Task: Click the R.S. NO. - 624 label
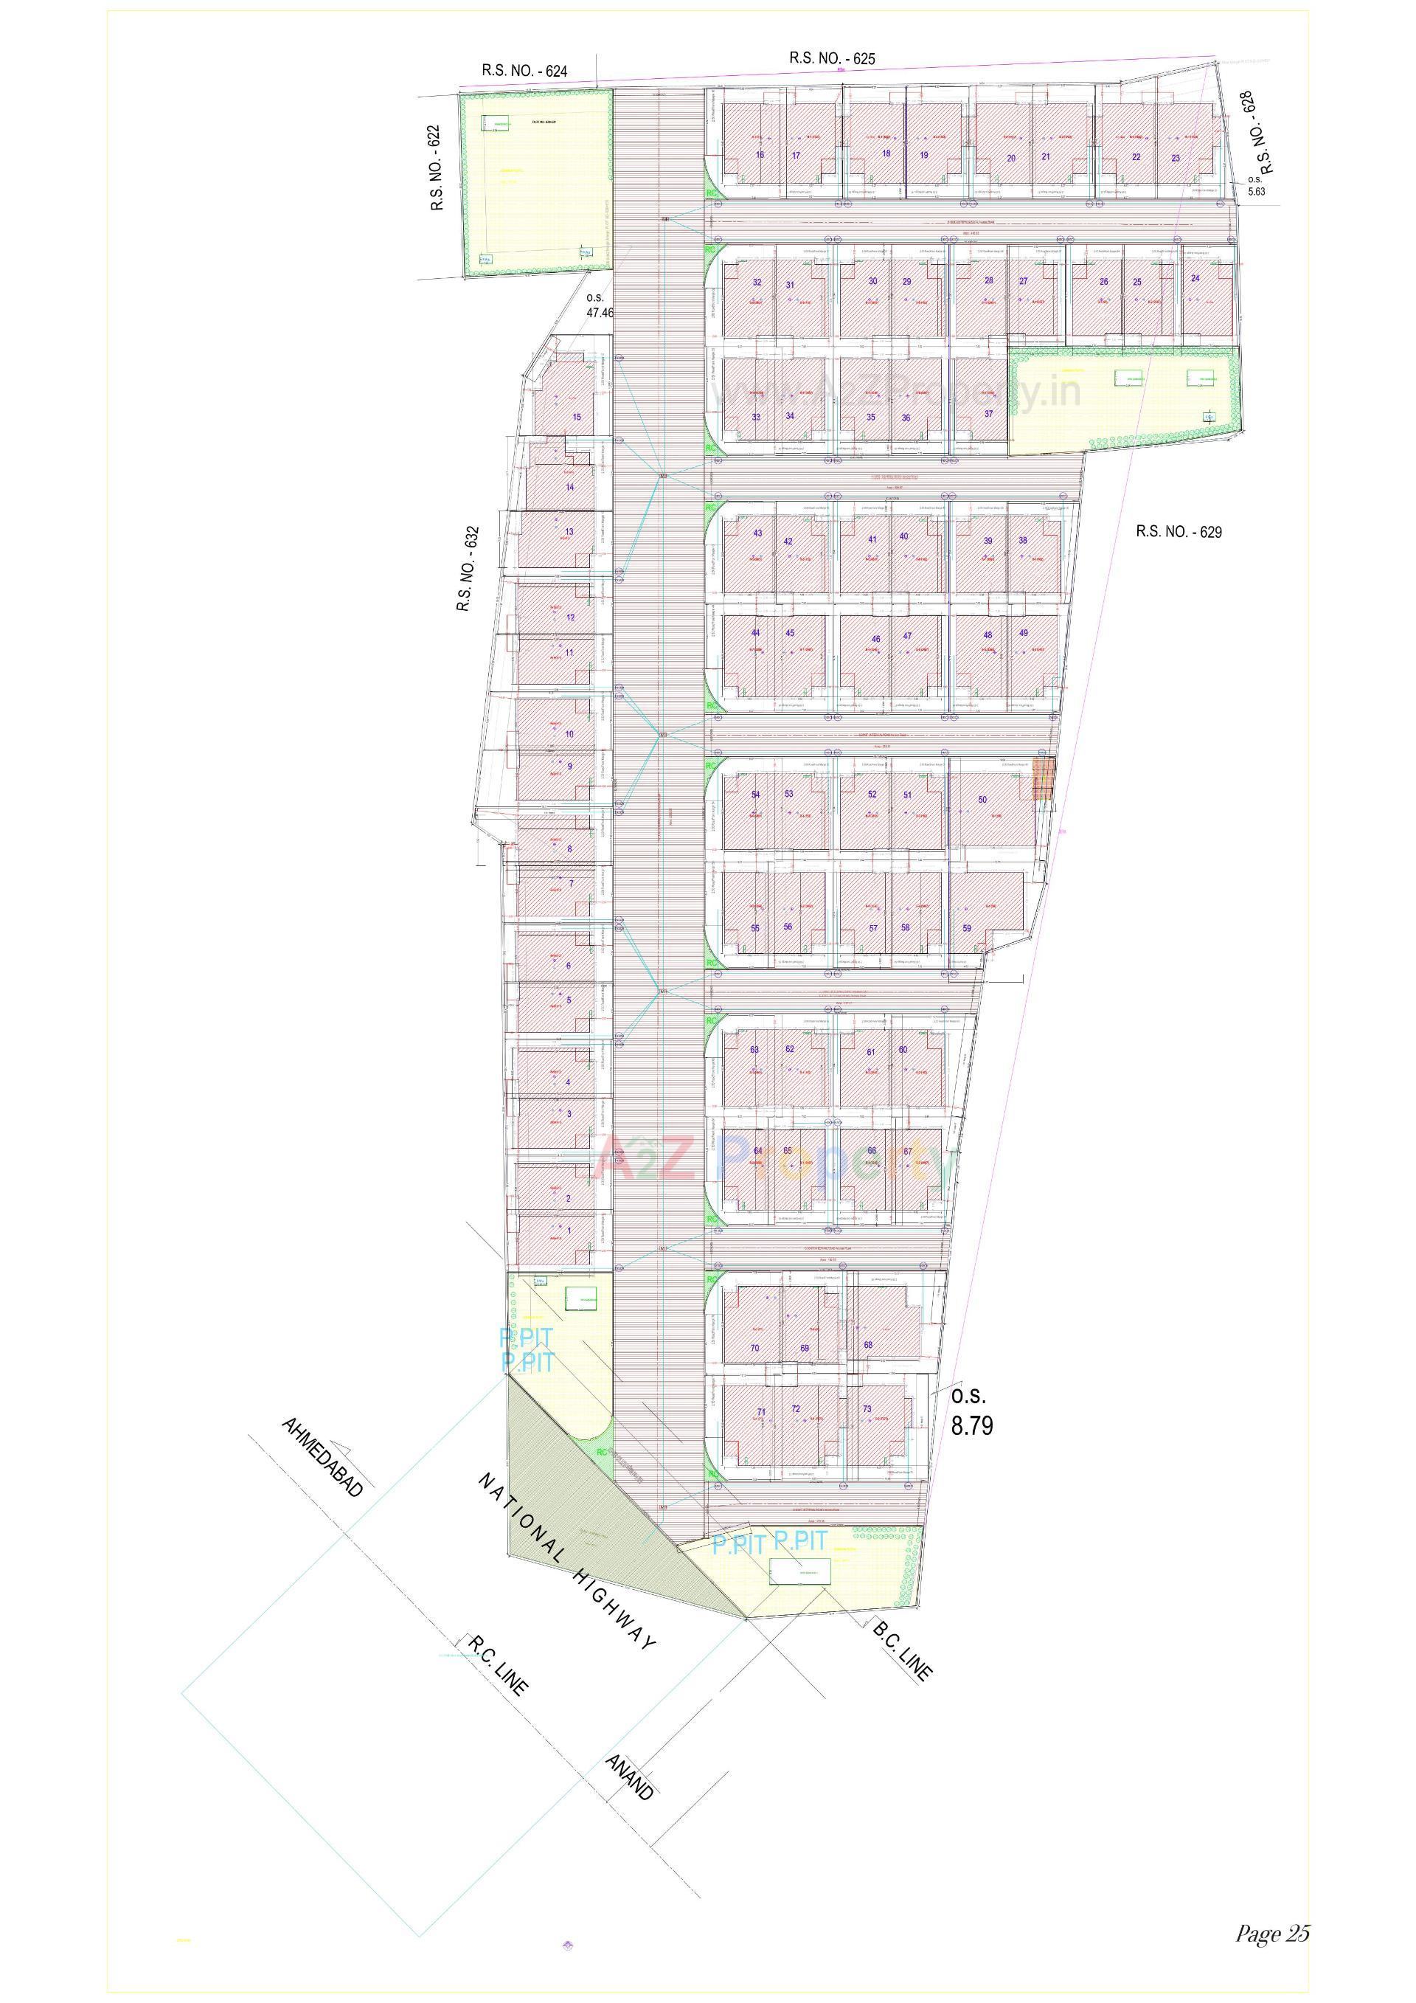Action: (x=524, y=71)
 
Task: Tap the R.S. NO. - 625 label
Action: (x=831, y=58)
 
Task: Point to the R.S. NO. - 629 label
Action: (x=1178, y=531)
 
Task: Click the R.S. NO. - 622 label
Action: (x=436, y=168)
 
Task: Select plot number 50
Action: (x=982, y=799)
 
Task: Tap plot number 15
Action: (x=576, y=417)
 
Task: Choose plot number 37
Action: (x=988, y=414)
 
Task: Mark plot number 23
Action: (x=1176, y=158)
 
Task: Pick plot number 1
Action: (x=569, y=1230)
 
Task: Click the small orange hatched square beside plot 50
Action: (x=1044, y=779)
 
